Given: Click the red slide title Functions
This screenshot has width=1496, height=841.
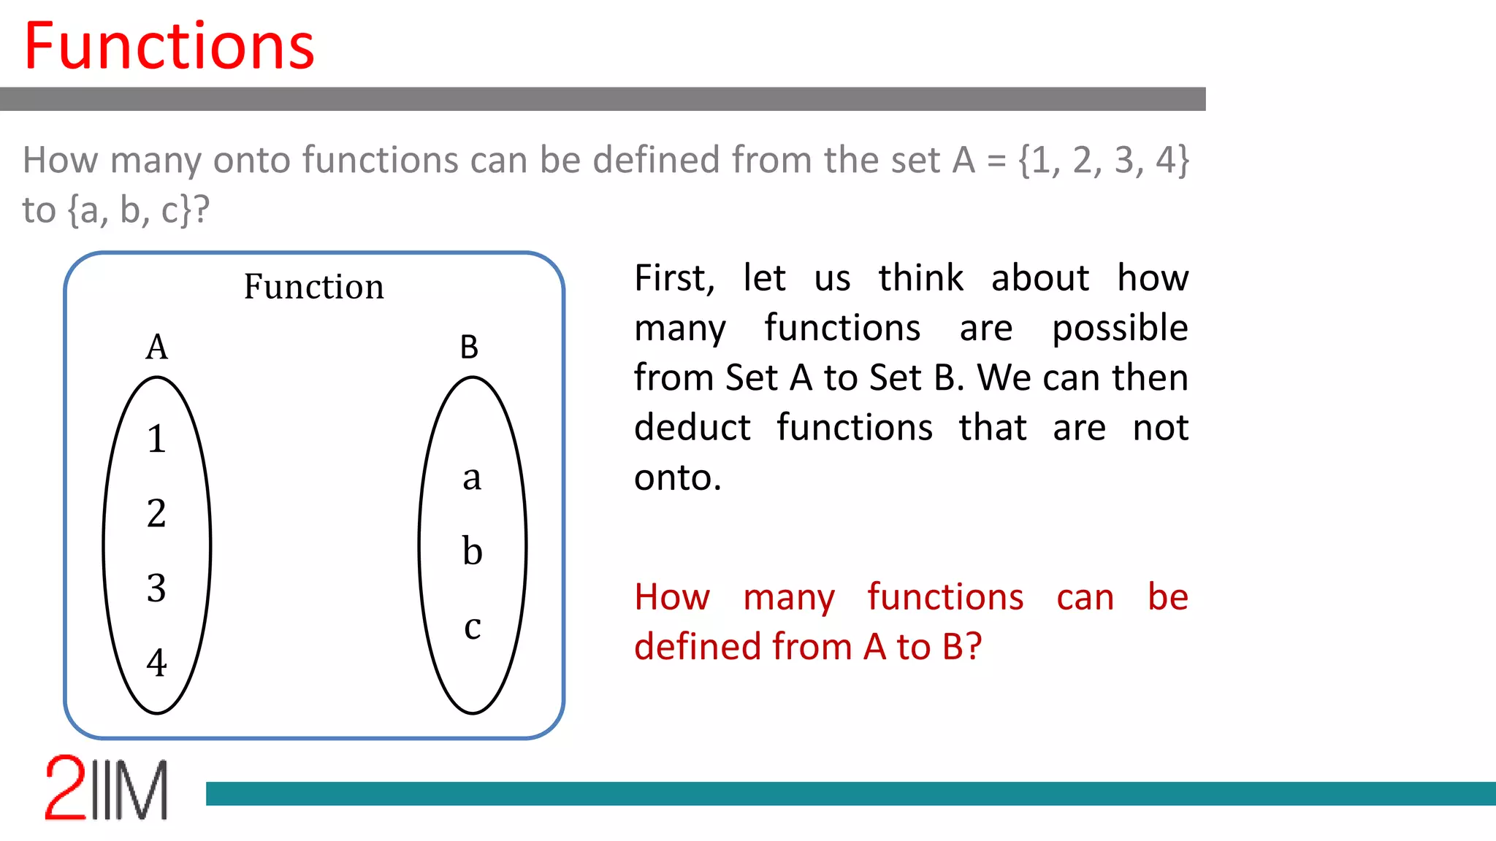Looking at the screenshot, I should point(169,47).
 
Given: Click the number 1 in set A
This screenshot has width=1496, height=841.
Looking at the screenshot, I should point(156,439).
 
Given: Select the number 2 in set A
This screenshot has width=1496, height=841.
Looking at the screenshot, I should point(156,513).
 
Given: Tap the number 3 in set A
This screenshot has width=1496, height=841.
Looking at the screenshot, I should point(156,588).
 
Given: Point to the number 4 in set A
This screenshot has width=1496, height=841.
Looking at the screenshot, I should point(156,663).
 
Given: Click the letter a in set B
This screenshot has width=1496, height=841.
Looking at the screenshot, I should point(472,478).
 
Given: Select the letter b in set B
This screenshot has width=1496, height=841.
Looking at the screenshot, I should point(472,551).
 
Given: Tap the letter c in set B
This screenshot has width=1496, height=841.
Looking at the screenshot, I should point(472,627).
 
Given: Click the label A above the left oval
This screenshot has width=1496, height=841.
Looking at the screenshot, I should point(156,347).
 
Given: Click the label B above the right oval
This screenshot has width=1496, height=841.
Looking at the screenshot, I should point(469,347).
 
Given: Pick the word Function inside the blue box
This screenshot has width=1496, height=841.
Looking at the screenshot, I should point(313,286).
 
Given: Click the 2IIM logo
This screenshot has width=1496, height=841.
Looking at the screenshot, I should point(107,788).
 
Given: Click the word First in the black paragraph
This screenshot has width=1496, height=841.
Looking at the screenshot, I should point(674,278).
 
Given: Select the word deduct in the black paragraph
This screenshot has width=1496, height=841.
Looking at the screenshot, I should point(692,428).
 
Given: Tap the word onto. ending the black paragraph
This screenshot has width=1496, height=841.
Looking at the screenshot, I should point(677,478).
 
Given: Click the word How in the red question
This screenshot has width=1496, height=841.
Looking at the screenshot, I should point(671,597).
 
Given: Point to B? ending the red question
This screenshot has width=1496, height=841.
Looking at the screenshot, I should point(961,647).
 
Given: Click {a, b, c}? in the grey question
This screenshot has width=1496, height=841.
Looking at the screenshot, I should point(139,210).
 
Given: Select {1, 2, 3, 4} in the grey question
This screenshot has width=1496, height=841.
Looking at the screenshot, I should point(1104,160).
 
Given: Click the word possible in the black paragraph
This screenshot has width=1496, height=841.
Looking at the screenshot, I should point(1119,328).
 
